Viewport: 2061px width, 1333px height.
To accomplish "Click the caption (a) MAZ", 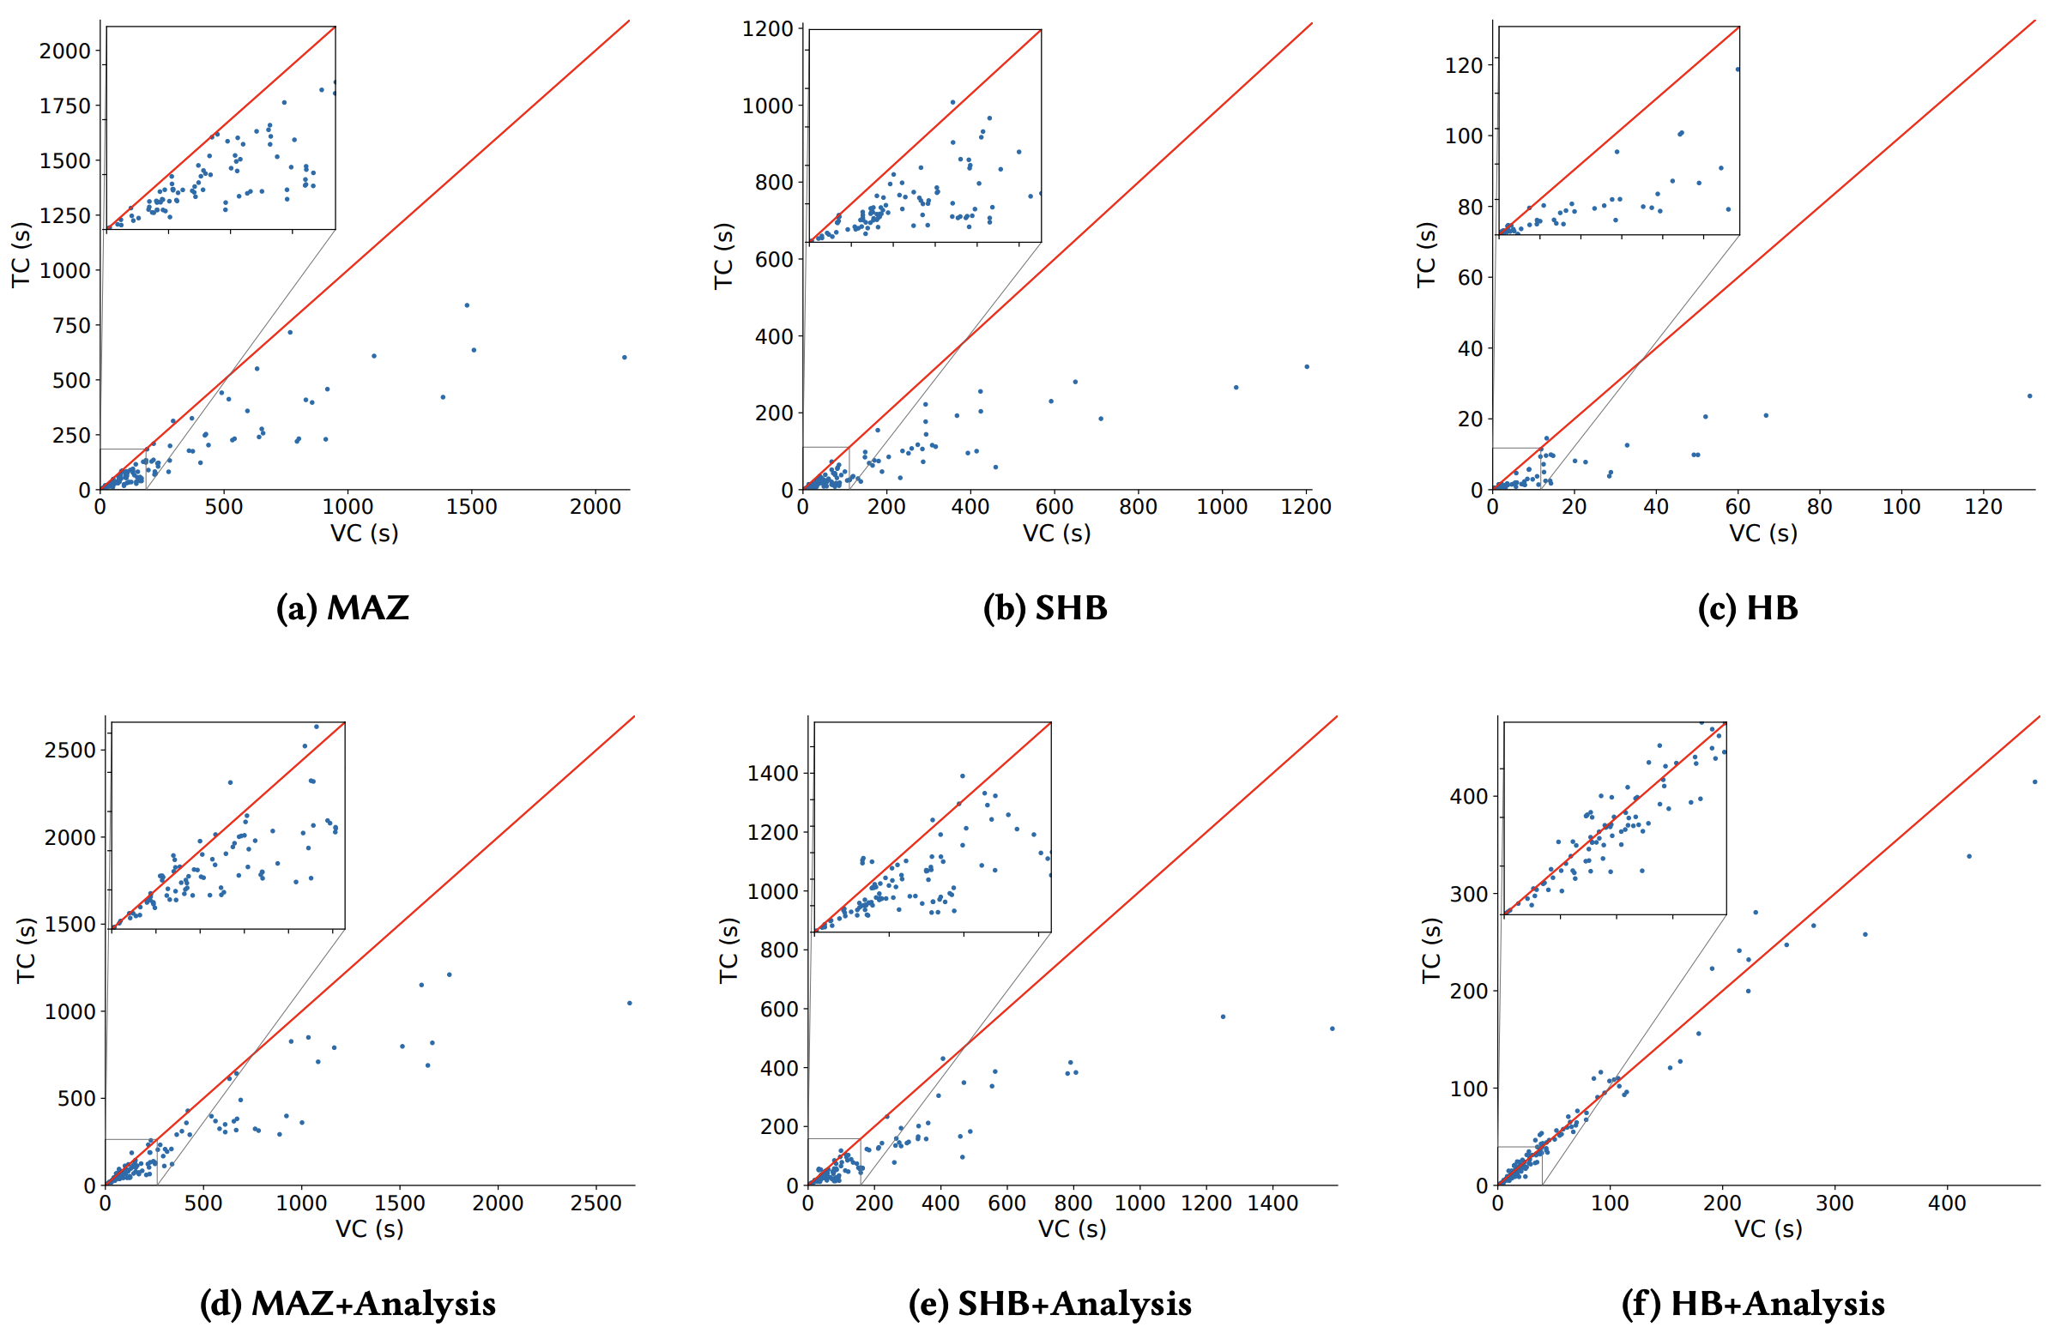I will pyautogui.click(x=341, y=607).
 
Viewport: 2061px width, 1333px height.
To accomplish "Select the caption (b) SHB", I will pyautogui.click(x=1045, y=607).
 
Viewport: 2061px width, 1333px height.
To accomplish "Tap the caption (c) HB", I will pyautogui.click(x=1747, y=607).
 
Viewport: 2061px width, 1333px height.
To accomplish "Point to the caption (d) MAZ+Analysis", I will pyautogui.click(x=348, y=1303).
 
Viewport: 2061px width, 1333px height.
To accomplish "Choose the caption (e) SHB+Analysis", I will pyautogui.click(x=1049, y=1303).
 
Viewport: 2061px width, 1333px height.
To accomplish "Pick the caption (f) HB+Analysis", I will pyautogui.click(x=1753, y=1303).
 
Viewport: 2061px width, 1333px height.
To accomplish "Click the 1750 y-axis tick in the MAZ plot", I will pyautogui.click(x=65, y=106).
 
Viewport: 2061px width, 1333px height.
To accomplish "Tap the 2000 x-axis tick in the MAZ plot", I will pyautogui.click(x=595, y=507).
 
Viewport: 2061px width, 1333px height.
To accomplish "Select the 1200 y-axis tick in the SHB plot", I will pyautogui.click(x=768, y=29).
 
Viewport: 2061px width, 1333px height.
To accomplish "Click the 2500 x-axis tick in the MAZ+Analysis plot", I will pyautogui.click(x=595, y=1203).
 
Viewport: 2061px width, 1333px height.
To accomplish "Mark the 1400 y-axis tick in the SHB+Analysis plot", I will pyautogui.click(x=772, y=773).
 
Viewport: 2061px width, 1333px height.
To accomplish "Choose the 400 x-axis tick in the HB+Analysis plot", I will pyautogui.click(x=1947, y=1203).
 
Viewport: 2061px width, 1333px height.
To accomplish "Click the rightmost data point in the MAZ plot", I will pyautogui.click(x=624, y=357).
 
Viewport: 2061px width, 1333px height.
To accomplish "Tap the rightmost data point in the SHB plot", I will pyautogui.click(x=1306, y=366).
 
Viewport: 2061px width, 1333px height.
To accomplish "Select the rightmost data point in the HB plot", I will pyautogui.click(x=2030, y=395).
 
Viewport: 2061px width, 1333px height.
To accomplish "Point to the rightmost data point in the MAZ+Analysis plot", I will pyautogui.click(x=629, y=1004).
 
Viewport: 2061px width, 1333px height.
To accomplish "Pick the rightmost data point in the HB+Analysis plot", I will pyautogui.click(x=2035, y=781).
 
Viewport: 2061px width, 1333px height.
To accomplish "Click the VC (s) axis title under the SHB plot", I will pyautogui.click(x=1056, y=534).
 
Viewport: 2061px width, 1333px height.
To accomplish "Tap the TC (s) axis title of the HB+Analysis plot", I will pyautogui.click(x=1430, y=950).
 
